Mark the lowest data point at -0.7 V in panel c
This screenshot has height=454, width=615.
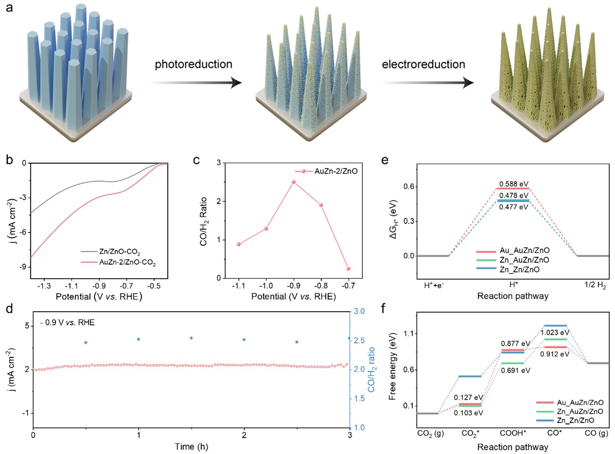pyautogui.click(x=348, y=269)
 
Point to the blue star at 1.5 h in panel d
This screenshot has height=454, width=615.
pyautogui.click(x=191, y=338)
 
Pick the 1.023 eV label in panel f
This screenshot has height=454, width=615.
pyautogui.click(x=556, y=333)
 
